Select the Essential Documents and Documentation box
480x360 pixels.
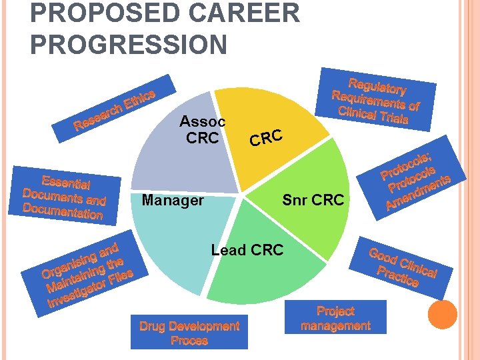65,197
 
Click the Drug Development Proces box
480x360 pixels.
189,333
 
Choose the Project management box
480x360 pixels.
335,318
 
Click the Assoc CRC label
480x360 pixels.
203,130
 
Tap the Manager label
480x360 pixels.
173,200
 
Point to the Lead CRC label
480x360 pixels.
247,250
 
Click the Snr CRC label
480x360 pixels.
313,200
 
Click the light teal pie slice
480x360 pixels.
173,240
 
